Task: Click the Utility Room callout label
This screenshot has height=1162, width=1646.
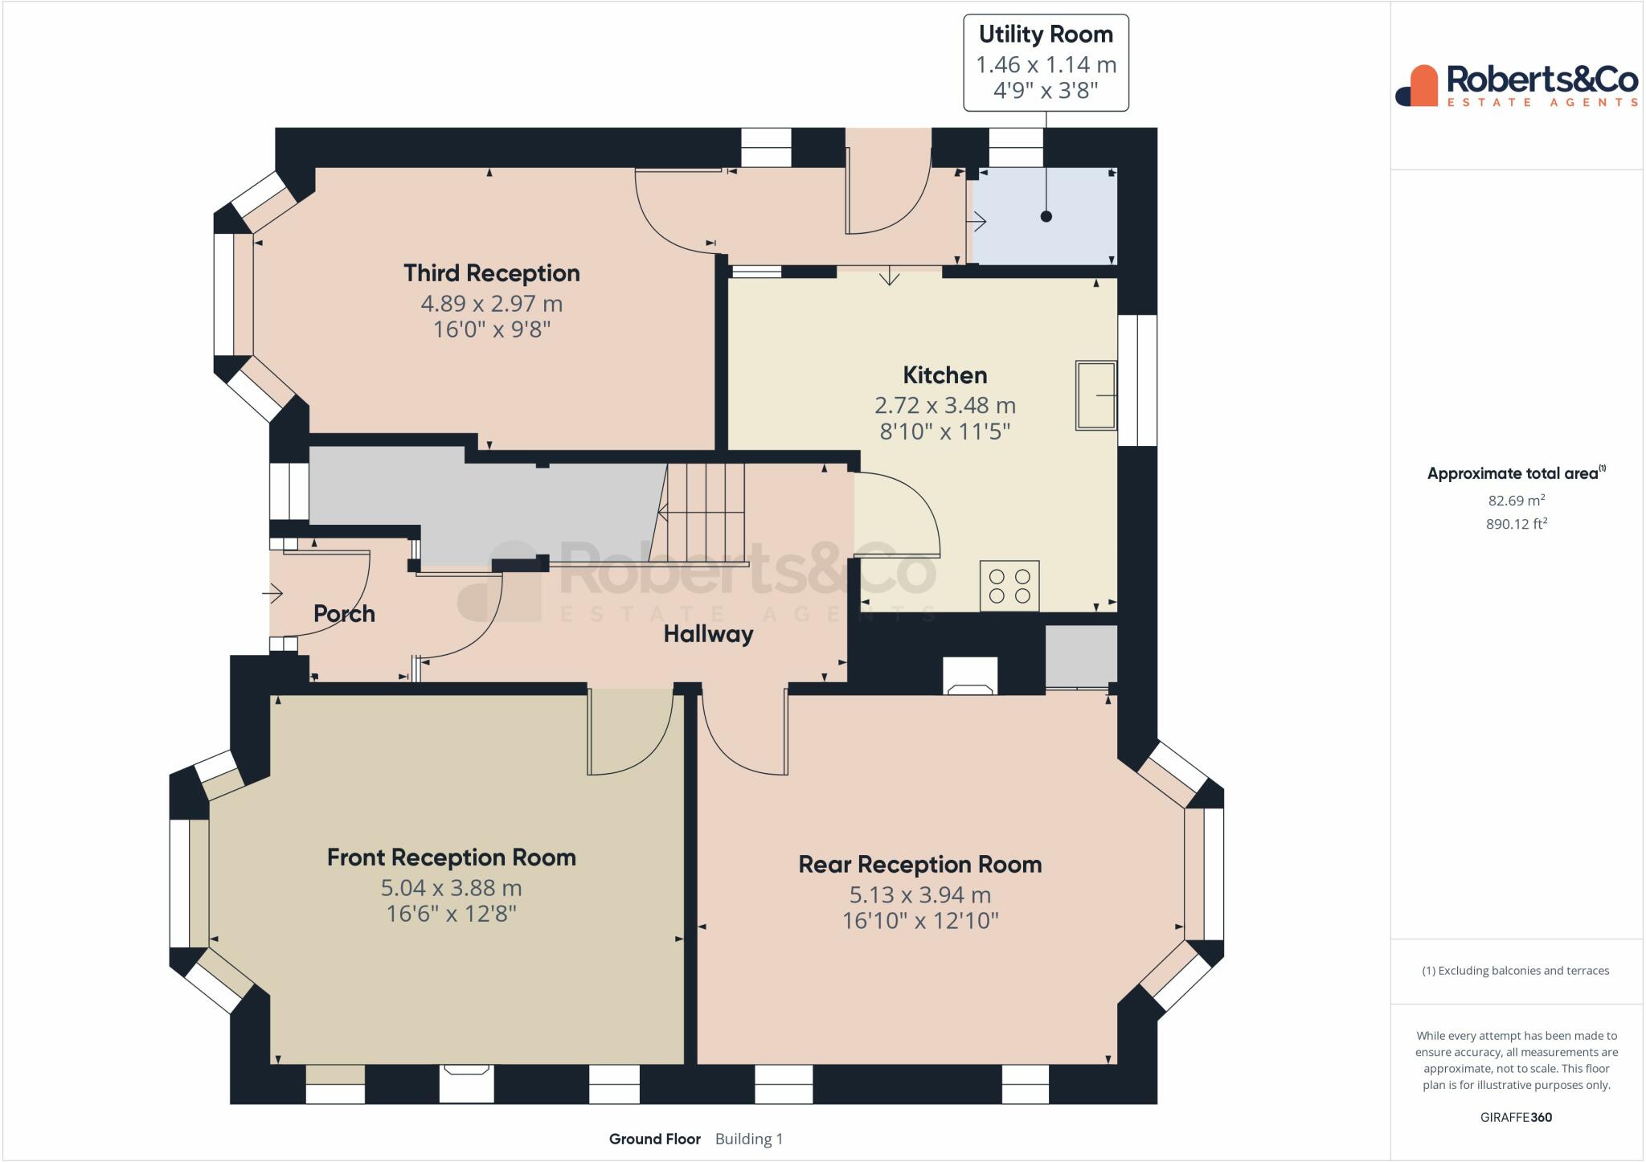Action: [x=1046, y=63]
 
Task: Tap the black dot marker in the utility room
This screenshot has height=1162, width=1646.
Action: [x=1046, y=216]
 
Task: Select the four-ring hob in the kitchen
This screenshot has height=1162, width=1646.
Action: [x=1009, y=586]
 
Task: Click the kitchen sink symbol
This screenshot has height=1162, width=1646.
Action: [x=1096, y=395]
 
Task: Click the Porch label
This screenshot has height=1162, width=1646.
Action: [x=344, y=614]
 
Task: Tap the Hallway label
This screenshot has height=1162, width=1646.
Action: [x=708, y=634]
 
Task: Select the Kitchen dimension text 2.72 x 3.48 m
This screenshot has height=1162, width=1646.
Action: [x=945, y=405]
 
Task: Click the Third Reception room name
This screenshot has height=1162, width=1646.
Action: [x=492, y=273]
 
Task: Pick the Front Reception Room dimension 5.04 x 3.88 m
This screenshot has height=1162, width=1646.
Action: [x=452, y=888]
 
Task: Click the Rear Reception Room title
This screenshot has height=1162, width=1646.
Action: [x=920, y=865]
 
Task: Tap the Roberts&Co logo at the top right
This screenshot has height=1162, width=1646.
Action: [x=1517, y=85]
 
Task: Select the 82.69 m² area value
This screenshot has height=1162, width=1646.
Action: [x=1517, y=500]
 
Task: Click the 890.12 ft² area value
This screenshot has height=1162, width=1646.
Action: [x=1517, y=524]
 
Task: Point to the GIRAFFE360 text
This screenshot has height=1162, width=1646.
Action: [x=1517, y=1117]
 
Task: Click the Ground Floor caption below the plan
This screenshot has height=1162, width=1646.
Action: [x=655, y=1139]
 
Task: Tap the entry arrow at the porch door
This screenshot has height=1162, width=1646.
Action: [x=272, y=595]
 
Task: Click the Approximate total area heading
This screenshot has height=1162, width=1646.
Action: [x=1515, y=473]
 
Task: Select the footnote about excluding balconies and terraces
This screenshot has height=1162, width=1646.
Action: [x=1516, y=971]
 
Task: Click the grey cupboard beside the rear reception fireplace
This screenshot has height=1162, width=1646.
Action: [x=1081, y=657]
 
